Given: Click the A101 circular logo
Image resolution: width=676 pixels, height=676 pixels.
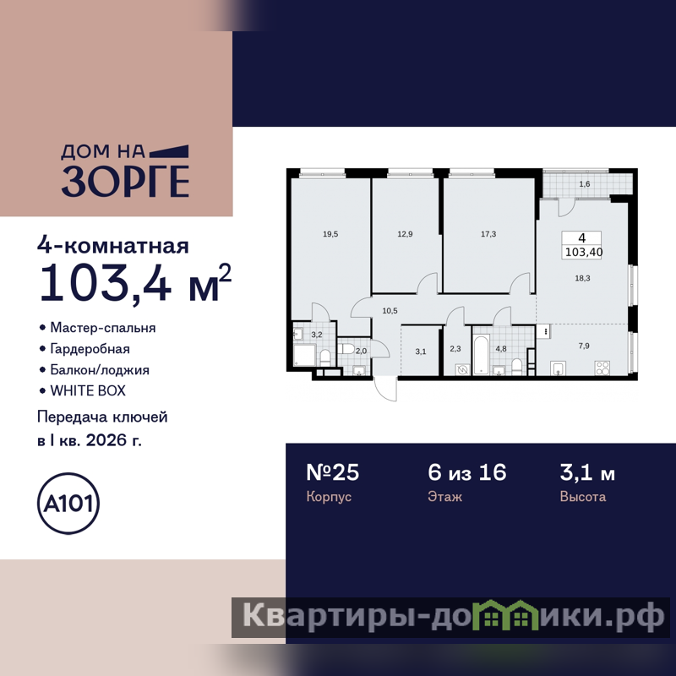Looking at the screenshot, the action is (68, 503).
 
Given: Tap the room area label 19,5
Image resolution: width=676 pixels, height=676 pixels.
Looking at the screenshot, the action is (330, 234).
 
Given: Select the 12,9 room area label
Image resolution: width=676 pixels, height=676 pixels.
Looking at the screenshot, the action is (405, 234).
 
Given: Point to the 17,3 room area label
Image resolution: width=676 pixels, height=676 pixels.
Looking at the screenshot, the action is (488, 234).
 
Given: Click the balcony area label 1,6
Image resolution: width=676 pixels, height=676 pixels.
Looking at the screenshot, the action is (584, 184).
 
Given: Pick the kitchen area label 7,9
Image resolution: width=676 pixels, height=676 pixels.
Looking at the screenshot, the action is (584, 346).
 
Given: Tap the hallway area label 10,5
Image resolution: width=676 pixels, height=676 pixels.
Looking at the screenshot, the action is (390, 310).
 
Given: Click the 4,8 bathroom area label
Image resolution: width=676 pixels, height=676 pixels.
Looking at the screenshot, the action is (501, 348).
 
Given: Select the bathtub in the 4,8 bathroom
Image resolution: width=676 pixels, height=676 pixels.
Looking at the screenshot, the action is (481, 355).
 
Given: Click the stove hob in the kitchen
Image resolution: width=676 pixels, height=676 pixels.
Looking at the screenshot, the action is (602, 368).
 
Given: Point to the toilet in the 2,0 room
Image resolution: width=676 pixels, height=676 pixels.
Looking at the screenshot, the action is (346, 348).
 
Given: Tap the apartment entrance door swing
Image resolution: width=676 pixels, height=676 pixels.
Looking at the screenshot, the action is (385, 389).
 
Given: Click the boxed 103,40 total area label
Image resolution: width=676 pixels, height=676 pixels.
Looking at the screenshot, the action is (583, 252).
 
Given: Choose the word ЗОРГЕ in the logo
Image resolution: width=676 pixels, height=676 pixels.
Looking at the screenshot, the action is (125, 181).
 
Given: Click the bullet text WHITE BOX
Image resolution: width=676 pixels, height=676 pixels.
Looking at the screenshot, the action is (88, 390).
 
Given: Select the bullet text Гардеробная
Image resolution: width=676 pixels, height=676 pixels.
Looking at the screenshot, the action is (90, 348).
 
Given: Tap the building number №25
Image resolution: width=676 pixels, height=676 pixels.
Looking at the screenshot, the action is (332, 472).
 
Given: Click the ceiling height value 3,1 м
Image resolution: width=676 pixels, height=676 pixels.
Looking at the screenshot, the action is (587, 472).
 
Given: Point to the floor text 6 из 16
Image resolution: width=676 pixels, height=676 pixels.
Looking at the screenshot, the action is (467, 472).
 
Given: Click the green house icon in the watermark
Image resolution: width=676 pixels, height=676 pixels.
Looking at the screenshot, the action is (505, 615).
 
